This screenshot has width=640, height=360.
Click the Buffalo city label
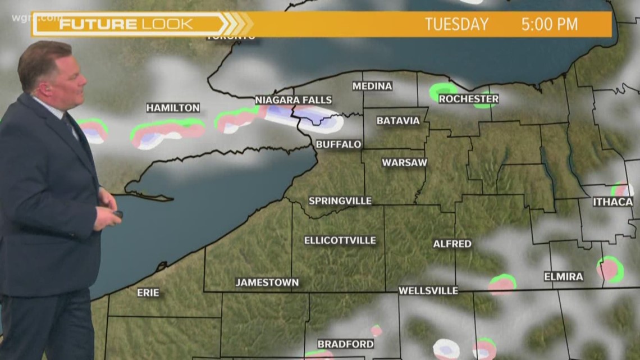pos(338,144)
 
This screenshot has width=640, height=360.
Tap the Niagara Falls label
pos(294,100)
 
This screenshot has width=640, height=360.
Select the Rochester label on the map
pos(468,99)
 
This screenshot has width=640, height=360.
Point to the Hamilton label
pos(173,107)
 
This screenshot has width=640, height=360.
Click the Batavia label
pos(398,121)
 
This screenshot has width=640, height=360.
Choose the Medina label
pos(372,86)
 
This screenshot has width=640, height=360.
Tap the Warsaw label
pos(404,162)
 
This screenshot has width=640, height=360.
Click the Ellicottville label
pos(340,240)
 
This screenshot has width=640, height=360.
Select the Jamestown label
pos(267,282)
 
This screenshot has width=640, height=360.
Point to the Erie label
pos(148,293)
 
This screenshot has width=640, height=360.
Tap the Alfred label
pos(452,244)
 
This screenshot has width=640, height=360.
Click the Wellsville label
pos(428,290)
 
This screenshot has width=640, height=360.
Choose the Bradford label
pos(345,344)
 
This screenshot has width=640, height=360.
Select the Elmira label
pos(563,276)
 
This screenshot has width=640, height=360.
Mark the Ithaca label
pos(612,202)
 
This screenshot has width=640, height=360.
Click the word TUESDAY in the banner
pos(456,24)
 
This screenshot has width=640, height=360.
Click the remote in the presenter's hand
pos(118,214)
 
